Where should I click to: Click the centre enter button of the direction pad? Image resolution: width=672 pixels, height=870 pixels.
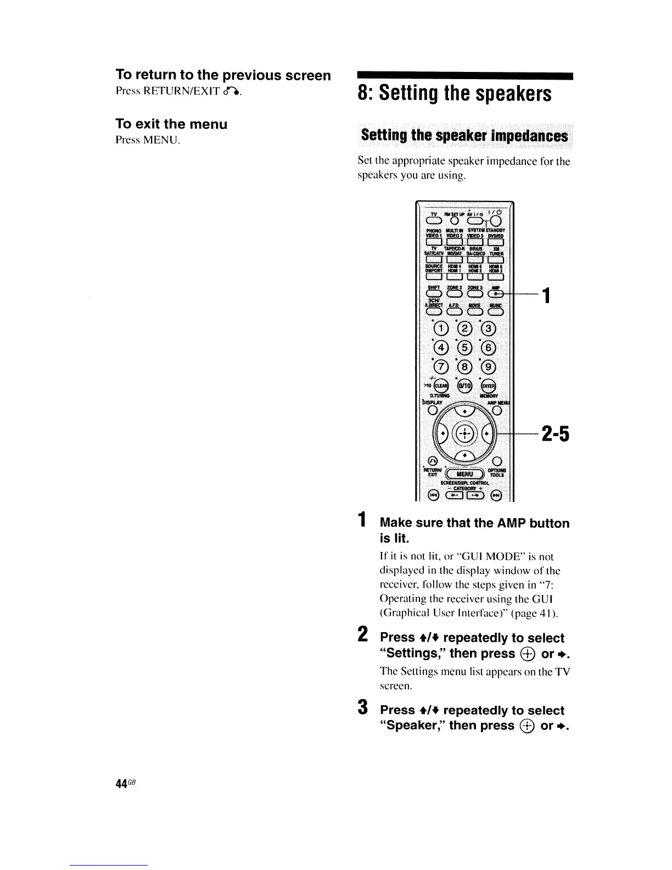(464, 432)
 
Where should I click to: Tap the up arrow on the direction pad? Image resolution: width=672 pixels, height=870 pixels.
(464, 410)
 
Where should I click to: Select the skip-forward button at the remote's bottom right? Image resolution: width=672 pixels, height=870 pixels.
(496, 496)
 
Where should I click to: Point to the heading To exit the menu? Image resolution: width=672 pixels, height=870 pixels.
(171, 124)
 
